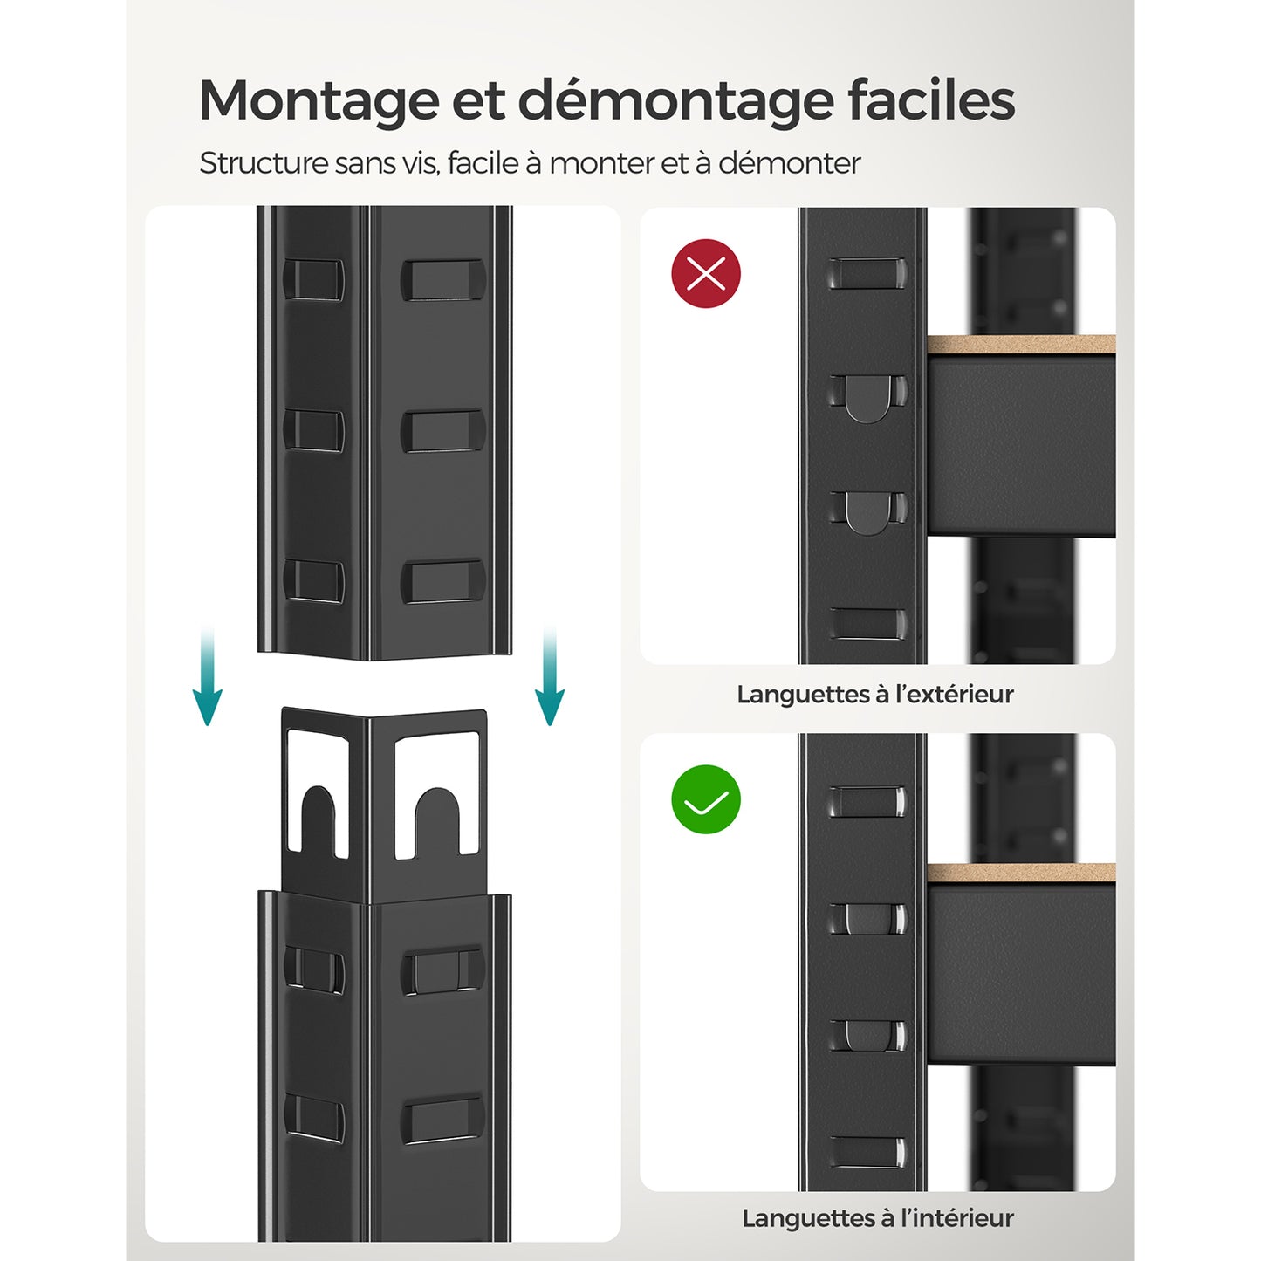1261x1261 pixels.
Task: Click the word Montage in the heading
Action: (319, 101)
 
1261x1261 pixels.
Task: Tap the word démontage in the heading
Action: (675, 101)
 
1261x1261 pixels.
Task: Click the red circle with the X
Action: (706, 274)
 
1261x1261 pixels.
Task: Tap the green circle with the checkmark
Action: (706, 799)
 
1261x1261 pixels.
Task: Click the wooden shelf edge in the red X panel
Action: (1020, 345)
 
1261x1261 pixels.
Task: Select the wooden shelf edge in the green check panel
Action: (1020, 873)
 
